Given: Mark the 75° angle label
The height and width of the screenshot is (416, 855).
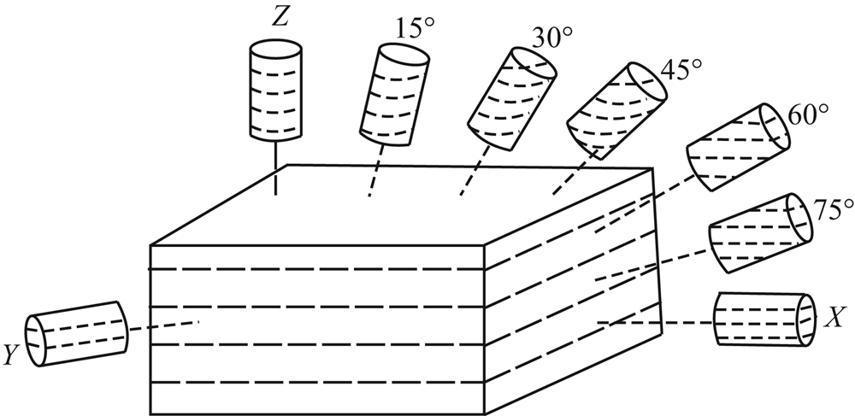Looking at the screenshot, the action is pyautogui.click(x=823, y=208).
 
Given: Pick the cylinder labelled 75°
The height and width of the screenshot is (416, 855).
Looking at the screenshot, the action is pyautogui.click(x=759, y=231).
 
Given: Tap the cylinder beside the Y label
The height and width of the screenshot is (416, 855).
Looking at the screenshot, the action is pyautogui.click(x=76, y=333).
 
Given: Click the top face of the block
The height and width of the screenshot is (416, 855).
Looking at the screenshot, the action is pyautogui.click(x=402, y=205).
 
